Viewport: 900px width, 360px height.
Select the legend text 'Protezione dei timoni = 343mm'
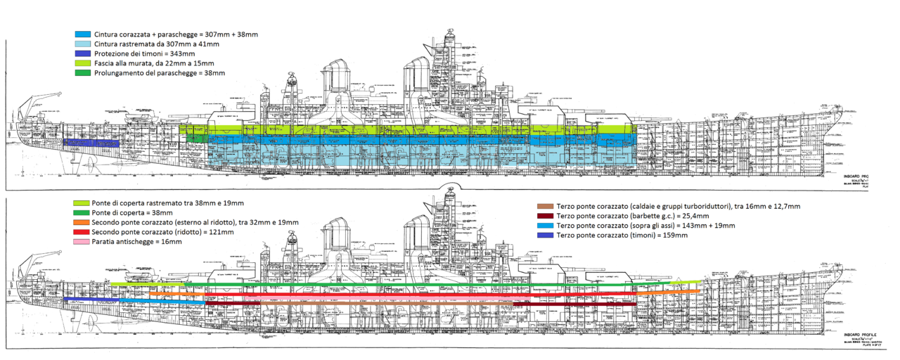pos(144,53)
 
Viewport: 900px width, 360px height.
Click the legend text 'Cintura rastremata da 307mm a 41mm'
pos(156,44)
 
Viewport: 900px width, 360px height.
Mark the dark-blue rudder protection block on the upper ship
pos(91,143)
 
